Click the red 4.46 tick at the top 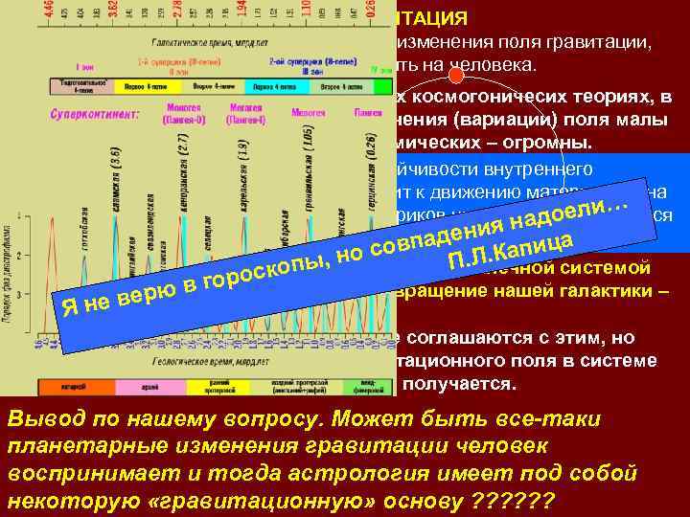(51, 13)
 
